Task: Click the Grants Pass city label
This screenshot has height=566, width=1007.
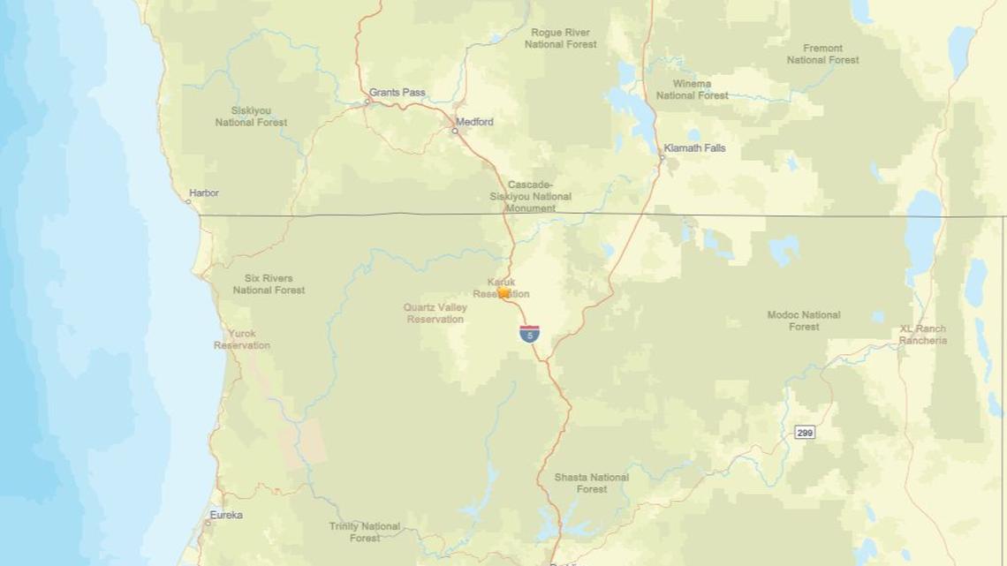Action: pos(397,93)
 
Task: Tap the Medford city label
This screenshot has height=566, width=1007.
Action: pos(474,122)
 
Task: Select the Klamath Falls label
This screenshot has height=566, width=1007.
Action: pos(694,148)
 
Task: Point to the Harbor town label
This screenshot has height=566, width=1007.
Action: pos(204,193)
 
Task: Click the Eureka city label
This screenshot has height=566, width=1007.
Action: pos(226,515)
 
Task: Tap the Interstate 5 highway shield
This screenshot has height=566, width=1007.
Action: pos(529,334)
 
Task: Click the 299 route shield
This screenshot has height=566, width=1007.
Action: pos(804,432)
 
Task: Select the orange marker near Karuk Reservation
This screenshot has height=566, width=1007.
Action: pos(503,291)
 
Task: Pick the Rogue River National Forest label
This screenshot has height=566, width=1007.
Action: pos(560,38)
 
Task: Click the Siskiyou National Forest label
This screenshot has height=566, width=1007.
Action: pos(251,117)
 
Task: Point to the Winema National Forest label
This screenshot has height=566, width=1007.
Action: pos(692,89)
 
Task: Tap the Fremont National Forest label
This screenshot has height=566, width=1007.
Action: pos(822,54)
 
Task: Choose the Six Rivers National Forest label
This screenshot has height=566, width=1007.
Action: pos(269,284)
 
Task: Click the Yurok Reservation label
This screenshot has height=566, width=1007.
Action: pos(241,339)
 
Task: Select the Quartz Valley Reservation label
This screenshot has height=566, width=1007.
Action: pos(435,313)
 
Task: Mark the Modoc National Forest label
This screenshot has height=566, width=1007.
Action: pos(803,321)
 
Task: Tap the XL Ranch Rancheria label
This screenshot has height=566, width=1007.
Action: pos(923,335)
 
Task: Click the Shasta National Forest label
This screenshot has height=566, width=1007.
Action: pos(591,483)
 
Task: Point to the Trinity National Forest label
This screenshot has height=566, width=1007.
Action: pos(364,532)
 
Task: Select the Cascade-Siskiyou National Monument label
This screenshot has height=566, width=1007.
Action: pos(530,196)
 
